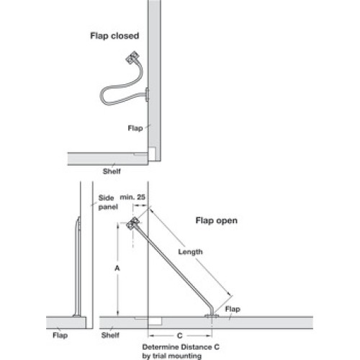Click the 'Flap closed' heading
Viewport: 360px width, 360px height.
[114, 36]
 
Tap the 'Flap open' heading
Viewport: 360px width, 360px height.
[217, 220]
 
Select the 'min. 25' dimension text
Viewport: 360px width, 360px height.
[132, 197]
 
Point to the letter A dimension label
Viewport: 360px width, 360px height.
[117, 268]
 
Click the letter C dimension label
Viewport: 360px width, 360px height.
[179, 336]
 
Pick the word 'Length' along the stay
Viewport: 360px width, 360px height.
[190, 252]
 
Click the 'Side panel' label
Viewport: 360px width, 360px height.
[108, 202]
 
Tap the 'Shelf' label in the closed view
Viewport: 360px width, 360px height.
[112, 171]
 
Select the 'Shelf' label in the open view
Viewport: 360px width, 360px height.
[110, 336]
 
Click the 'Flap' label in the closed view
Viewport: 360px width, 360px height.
[135, 128]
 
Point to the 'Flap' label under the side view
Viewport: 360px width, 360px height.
[60, 336]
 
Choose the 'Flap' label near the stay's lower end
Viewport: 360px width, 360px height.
[233, 309]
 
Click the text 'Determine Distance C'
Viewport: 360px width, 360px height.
[181, 347]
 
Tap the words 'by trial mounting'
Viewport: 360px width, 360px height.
[172, 356]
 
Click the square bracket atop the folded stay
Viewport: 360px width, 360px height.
[132, 58]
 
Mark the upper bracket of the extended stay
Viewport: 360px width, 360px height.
[132, 224]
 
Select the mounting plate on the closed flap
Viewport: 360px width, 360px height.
[147, 94]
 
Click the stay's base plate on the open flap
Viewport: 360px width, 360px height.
[212, 315]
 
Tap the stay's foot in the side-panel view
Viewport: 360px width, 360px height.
[77, 315]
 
